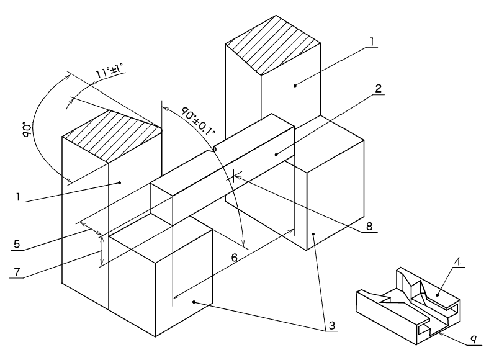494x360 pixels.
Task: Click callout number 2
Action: tap(379, 89)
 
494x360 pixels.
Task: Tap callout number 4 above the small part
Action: tap(458, 262)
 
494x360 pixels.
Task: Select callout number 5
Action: tap(17, 244)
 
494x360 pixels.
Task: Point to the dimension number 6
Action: tap(235, 258)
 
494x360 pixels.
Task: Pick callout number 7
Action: tap(17, 272)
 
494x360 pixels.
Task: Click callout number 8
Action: tap(369, 226)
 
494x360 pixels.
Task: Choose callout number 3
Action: tap(332, 325)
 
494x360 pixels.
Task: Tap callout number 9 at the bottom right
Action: tap(474, 340)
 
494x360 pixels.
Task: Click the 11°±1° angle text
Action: tap(109, 71)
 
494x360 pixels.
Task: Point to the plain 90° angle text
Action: tap(27, 130)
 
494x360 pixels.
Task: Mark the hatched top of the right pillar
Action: tap(274, 44)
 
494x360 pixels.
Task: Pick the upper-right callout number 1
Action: tap(372, 42)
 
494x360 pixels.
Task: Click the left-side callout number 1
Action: tap(19, 197)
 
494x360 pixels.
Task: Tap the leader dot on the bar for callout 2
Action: tap(276, 155)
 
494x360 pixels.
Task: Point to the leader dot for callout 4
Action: tap(438, 295)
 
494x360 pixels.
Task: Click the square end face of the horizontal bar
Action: tap(161, 204)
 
